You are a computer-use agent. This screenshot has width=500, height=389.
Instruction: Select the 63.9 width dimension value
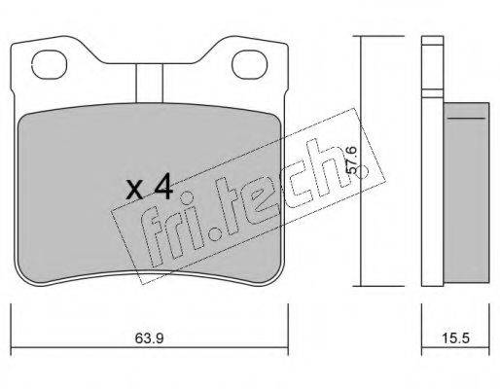[149, 338]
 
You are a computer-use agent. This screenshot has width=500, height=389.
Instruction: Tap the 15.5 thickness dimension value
[455, 338]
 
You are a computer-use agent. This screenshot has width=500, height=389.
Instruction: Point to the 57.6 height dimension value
[351, 160]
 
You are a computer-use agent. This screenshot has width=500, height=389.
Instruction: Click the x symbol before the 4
[134, 192]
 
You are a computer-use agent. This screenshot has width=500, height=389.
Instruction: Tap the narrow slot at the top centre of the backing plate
[149, 83]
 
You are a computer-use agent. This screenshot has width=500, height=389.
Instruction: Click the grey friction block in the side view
[466, 193]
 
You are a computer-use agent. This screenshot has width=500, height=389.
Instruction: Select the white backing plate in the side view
[433, 161]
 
